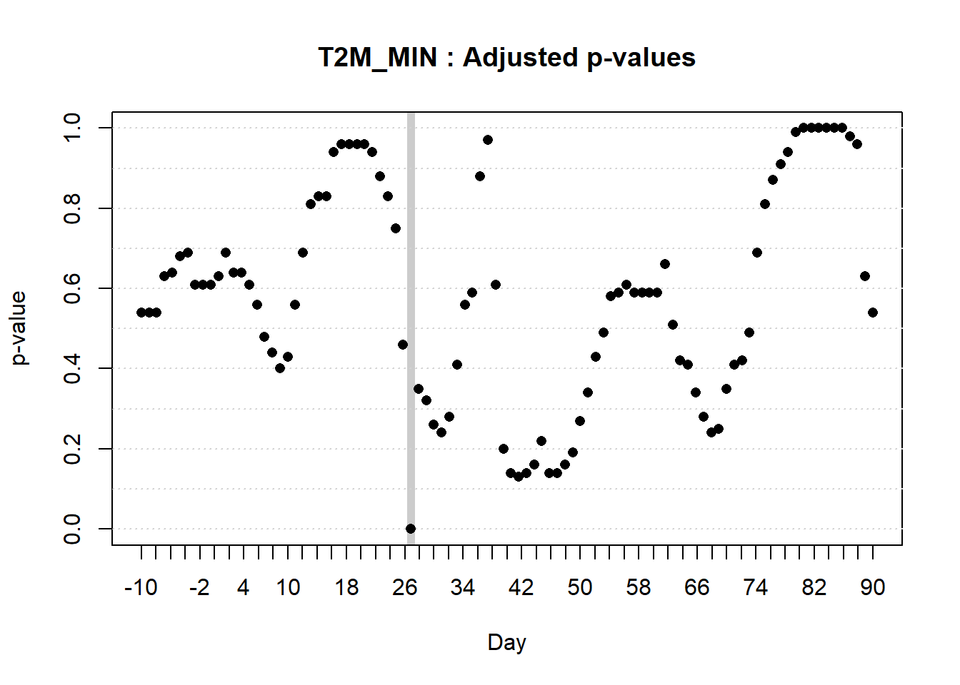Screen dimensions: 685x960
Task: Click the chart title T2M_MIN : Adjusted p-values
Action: click(x=506, y=58)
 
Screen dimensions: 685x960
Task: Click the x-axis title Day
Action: click(x=506, y=642)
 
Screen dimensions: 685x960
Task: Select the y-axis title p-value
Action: click(x=19, y=328)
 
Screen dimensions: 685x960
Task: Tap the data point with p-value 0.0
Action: click(x=411, y=529)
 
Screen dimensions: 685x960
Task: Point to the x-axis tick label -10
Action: click(x=141, y=587)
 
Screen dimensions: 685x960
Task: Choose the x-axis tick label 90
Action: click(x=872, y=587)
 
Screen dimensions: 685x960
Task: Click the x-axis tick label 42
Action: click(x=521, y=587)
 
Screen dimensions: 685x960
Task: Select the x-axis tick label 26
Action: click(x=404, y=587)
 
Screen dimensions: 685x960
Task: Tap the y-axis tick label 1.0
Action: click(x=72, y=128)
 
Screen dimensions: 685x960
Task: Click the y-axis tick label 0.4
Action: click(x=72, y=368)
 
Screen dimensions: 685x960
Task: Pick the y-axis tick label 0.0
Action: click(x=72, y=529)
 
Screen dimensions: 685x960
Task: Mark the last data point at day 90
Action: click(x=873, y=313)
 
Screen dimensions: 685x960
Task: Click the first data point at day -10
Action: click(x=141, y=313)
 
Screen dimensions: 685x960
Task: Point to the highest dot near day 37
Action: click(x=488, y=140)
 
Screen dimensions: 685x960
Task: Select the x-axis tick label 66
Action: click(x=696, y=587)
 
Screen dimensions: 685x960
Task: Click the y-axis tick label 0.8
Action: click(x=72, y=208)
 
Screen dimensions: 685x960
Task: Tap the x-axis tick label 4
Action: click(x=244, y=587)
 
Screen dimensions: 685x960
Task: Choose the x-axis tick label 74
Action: click(x=755, y=587)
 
